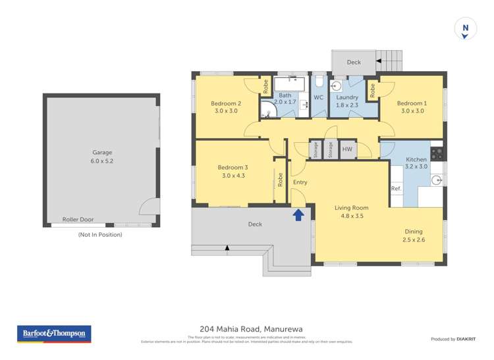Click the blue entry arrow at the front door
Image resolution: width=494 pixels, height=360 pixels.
coord(298,214)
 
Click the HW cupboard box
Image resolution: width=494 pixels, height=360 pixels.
coord(348,150)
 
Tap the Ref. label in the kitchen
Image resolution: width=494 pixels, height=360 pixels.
coord(396,189)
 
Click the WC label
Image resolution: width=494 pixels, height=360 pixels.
coord(318,97)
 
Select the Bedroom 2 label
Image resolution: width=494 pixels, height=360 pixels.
coord(225,103)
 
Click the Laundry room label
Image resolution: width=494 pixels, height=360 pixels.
coord(347,97)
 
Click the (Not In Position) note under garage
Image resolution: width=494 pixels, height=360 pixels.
coord(101,234)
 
